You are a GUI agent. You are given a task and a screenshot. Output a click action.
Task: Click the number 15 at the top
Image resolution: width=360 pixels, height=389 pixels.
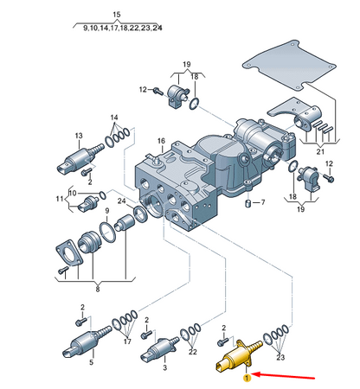pyautogui.click(x=117, y=15)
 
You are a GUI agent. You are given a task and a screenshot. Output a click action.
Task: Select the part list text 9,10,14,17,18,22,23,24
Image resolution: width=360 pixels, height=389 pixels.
pyautogui.click(x=122, y=29)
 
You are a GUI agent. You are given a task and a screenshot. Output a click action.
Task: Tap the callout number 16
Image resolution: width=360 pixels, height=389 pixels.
pyautogui.click(x=160, y=142)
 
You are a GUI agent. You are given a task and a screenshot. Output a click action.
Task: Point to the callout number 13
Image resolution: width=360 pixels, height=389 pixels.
pyautogui.click(x=79, y=136)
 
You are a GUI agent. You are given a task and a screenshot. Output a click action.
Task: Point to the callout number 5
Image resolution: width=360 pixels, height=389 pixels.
pyautogui.click(x=90, y=363)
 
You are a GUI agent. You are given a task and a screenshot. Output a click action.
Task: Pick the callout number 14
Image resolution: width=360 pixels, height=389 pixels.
pyautogui.click(x=113, y=117)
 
